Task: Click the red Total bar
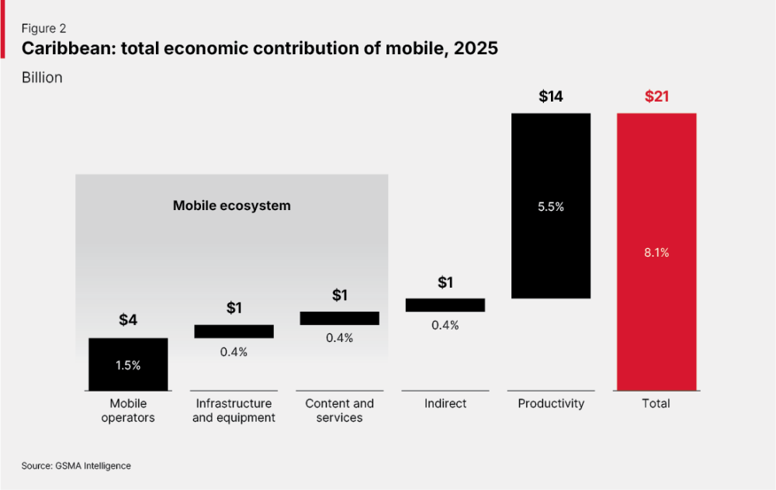[656, 252]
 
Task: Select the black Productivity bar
[551, 205]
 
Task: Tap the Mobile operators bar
[128, 364]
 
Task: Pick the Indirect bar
[445, 305]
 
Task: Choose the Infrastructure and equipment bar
[234, 331]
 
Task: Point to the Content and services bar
[340, 318]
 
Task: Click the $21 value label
[656, 96]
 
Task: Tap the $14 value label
[551, 96]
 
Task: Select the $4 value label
[128, 319]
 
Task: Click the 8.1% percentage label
[656, 253]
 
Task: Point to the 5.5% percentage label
[551, 207]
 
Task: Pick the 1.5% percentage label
[128, 365]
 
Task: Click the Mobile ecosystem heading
[231, 205]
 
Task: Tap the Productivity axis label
[551, 403]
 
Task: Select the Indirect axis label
[445, 403]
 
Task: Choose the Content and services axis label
[340, 410]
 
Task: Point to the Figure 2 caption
[43, 28]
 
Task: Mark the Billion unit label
[42, 77]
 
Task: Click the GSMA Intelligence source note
[93, 466]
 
